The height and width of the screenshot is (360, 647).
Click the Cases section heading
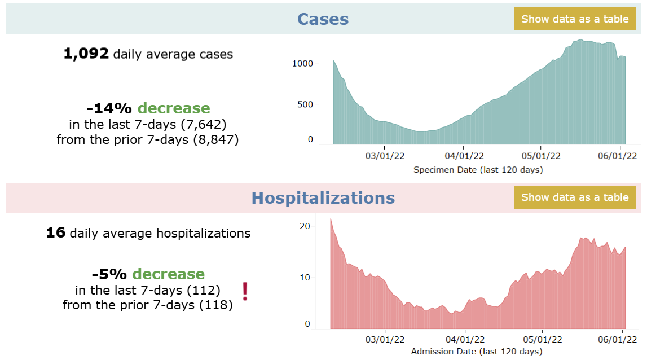click(323, 19)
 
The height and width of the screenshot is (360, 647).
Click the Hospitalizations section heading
click(323, 198)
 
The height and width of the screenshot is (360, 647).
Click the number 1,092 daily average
click(86, 54)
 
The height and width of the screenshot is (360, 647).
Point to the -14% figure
click(109, 108)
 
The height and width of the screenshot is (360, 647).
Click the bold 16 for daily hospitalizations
click(56, 232)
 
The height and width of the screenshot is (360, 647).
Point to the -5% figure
click(109, 274)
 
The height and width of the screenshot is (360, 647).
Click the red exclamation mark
click(245, 291)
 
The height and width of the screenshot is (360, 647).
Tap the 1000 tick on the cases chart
click(302, 64)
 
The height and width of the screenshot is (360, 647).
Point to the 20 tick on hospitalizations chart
click(305, 226)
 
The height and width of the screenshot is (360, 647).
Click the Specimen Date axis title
click(478, 169)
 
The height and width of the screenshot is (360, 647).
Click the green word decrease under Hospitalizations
click(168, 274)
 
